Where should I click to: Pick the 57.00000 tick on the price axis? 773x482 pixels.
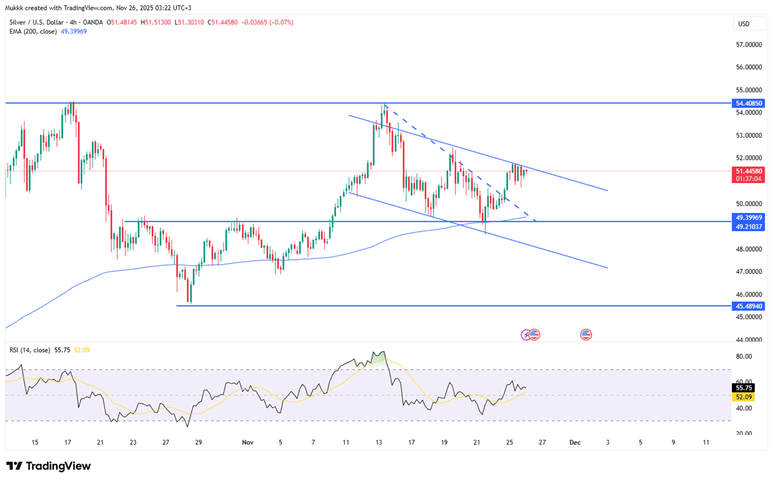point(747,45)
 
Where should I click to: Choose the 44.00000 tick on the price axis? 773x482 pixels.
point(747,339)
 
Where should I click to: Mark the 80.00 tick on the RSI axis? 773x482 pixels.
point(744,356)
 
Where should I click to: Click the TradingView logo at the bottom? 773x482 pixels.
point(48,466)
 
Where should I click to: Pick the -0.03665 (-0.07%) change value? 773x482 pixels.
point(267,22)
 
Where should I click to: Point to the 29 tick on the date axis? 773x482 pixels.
point(198,442)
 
